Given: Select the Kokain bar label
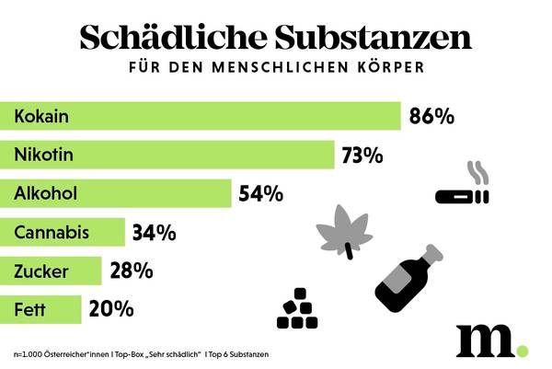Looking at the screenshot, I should (43, 117).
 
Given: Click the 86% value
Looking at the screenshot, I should (431, 117).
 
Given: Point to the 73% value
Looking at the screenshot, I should (362, 156).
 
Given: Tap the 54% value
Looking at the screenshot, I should (260, 194).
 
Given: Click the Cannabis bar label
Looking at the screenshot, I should (52, 232).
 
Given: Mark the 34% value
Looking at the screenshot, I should (154, 233).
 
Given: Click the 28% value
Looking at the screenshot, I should (130, 271).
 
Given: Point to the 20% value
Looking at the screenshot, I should (111, 310).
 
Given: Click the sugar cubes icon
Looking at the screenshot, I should (297, 310).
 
